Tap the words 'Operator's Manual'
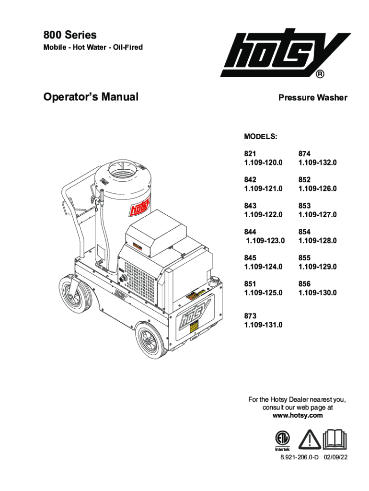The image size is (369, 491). (91, 97)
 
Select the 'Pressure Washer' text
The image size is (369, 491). (313, 98)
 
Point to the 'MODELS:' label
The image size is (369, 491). (261, 137)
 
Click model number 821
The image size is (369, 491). (250, 154)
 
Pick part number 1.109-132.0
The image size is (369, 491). (317, 163)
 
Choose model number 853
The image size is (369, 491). (304, 206)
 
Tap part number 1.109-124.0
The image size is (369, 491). (263, 266)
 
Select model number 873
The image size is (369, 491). (250, 316)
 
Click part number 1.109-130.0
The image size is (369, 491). (317, 292)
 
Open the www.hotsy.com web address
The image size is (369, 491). (297, 415)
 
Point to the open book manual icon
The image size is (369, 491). (335, 439)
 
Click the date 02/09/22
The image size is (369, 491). (335, 457)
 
